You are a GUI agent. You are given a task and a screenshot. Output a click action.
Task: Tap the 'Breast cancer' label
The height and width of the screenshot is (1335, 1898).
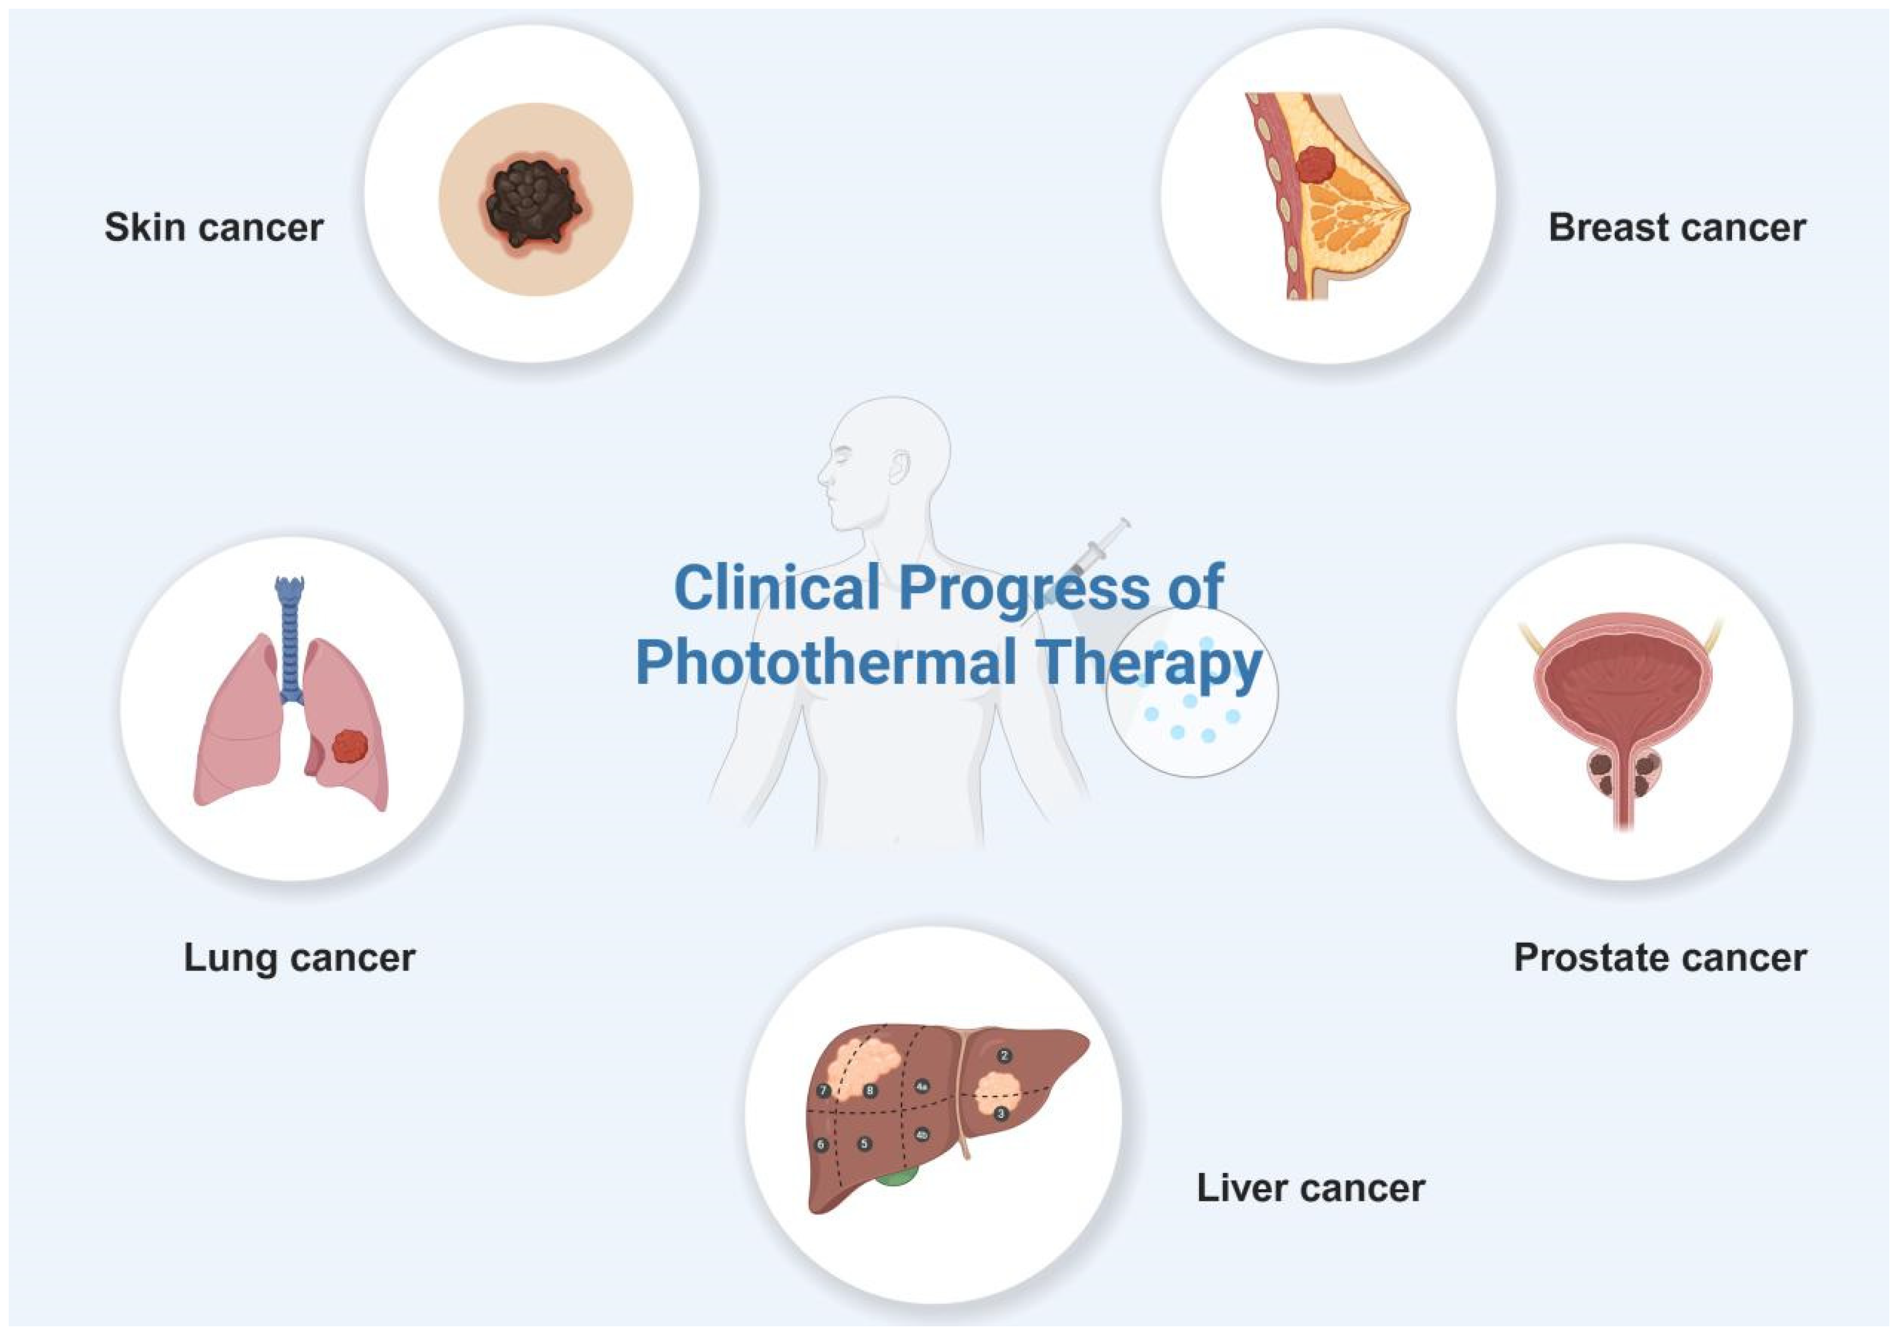(1677, 228)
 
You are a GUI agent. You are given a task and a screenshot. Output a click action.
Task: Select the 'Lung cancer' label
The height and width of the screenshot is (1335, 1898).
(300, 958)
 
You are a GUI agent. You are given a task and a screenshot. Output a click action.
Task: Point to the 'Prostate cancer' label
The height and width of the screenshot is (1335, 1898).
(1660, 958)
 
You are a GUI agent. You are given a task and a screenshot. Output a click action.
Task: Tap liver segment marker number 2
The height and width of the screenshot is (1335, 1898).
(1004, 1056)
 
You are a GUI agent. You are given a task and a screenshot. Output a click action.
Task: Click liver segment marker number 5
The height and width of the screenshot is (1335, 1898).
(864, 1144)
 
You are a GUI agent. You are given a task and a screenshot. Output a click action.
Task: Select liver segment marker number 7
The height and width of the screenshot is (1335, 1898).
(824, 1090)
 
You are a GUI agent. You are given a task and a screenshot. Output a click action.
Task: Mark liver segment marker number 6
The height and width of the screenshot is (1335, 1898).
(821, 1145)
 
